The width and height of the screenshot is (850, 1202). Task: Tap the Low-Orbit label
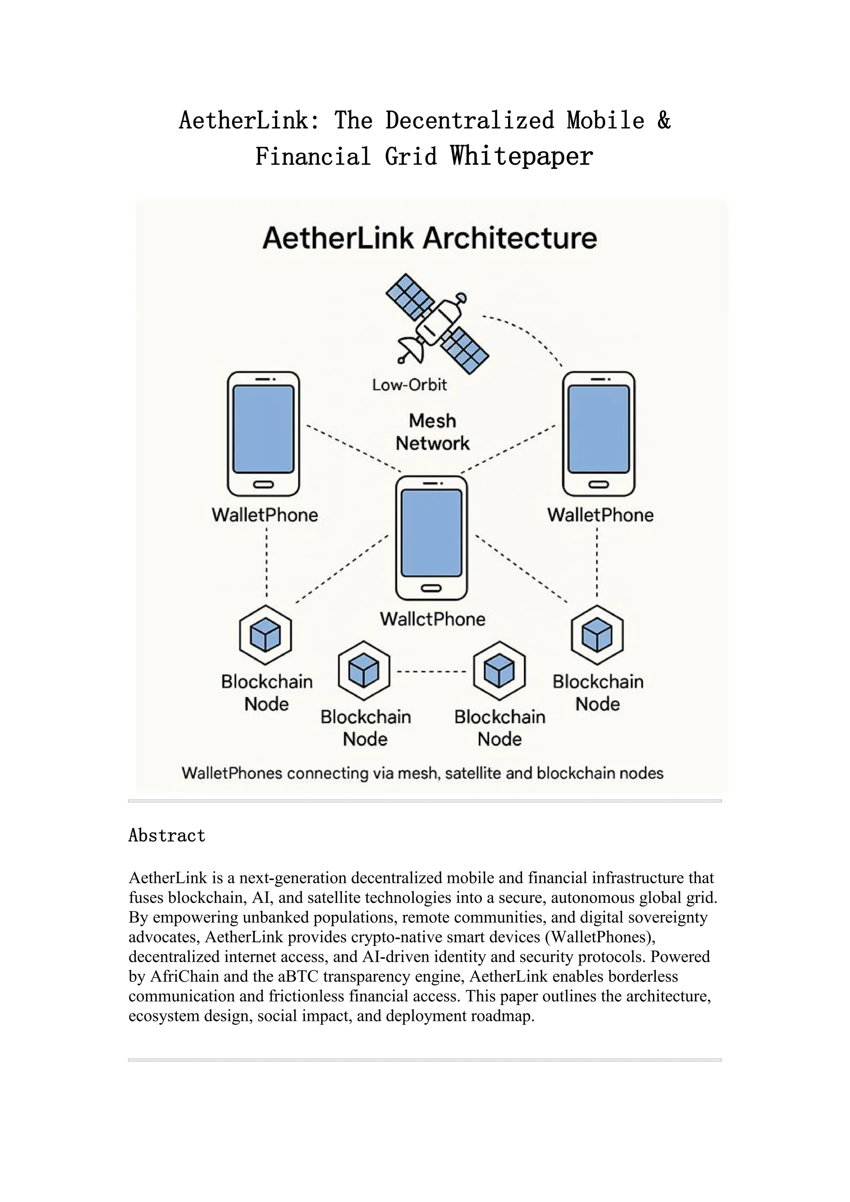[409, 385]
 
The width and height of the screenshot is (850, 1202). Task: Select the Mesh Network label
[432, 432]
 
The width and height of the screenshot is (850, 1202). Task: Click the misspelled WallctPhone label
[432, 619]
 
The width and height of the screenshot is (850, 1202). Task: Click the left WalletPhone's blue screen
[263, 429]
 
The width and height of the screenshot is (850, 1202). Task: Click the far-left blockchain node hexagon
[265, 635]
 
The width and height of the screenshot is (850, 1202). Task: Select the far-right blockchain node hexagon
[597, 635]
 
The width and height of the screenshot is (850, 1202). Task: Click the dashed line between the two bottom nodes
[431, 671]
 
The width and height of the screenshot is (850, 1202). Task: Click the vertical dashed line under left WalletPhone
[266, 563]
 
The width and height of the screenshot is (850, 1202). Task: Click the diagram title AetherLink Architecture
[429, 238]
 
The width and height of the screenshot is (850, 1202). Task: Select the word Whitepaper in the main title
[522, 156]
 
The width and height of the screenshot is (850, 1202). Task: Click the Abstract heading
[167, 835]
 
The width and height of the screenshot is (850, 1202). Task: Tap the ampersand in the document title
[664, 120]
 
